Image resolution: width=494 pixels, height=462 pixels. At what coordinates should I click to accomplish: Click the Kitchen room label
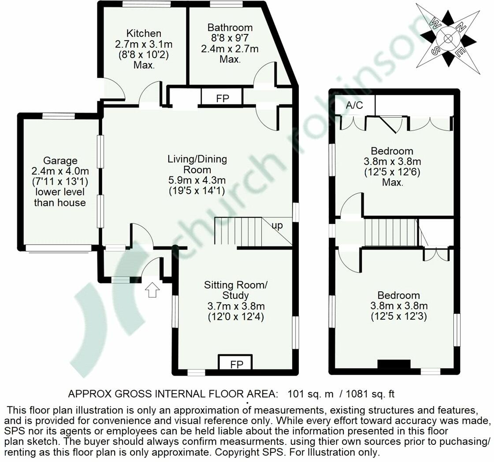pyautogui.click(x=144, y=34)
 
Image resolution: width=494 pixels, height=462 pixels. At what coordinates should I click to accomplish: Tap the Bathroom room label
pyautogui.click(x=230, y=28)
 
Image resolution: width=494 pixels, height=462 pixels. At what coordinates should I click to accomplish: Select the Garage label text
pyautogui.click(x=60, y=161)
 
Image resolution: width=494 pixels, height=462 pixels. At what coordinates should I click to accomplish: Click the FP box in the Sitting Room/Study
pyautogui.click(x=235, y=364)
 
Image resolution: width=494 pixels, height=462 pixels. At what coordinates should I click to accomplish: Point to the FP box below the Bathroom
pyautogui.click(x=223, y=98)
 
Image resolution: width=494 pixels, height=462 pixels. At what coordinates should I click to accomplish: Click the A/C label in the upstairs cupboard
pyautogui.click(x=354, y=105)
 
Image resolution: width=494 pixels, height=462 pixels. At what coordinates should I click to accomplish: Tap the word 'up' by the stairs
pyautogui.click(x=277, y=226)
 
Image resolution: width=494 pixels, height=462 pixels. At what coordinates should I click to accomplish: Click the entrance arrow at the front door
pyautogui.click(x=152, y=290)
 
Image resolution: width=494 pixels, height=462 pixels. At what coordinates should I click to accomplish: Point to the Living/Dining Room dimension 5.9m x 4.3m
pyautogui.click(x=197, y=180)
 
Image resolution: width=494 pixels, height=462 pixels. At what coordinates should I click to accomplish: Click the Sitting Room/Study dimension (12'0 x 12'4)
pyautogui.click(x=235, y=316)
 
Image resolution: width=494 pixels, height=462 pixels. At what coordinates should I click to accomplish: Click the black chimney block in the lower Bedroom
pyautogui.click(x=394, y=365)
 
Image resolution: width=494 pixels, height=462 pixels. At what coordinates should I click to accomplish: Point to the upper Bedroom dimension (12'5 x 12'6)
pyautogui.click(x=392, y=171)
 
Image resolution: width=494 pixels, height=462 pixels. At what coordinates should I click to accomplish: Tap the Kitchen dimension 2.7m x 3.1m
pyautogui.click(x=144, y=44)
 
